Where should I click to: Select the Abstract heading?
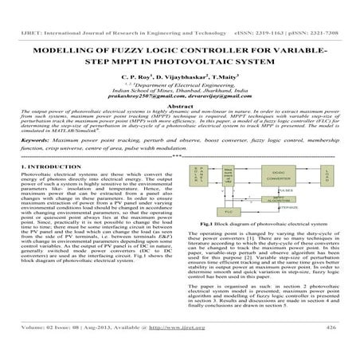(180, 104)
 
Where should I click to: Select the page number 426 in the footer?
(331, 348)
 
